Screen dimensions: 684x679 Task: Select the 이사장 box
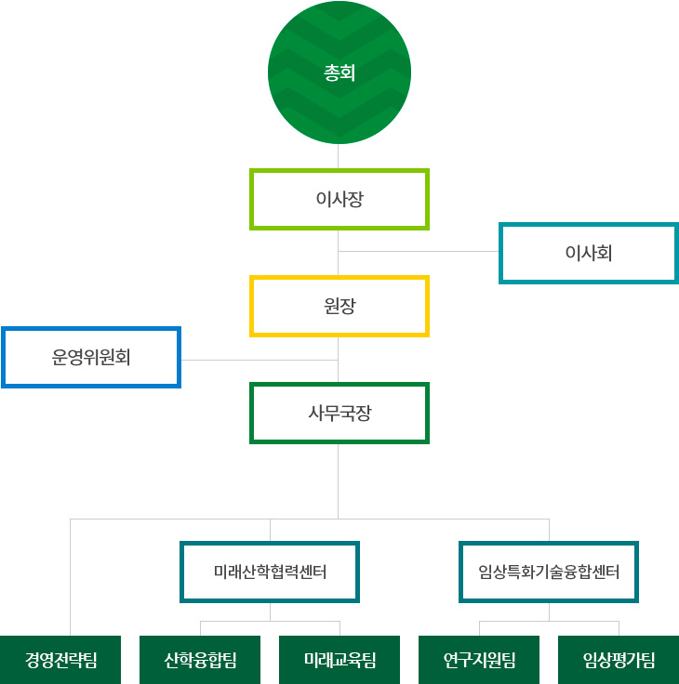[339, 199]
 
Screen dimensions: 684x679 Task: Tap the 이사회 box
[588, 253]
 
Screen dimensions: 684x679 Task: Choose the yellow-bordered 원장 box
[339, 306]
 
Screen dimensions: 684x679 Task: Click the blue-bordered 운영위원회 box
[91, 357]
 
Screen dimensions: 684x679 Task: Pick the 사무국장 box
[339, 413]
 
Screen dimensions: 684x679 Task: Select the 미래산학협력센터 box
[270, 571]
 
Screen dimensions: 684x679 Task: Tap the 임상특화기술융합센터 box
[549, 571]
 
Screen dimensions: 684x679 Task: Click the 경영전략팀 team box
[60, 661]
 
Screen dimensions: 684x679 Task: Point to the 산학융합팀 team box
[200, 661]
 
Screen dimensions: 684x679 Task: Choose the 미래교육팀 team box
[339, 661]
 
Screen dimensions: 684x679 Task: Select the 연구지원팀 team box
[479, 661]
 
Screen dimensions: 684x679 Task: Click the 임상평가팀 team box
[619, 661]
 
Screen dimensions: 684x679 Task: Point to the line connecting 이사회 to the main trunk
[419, 251]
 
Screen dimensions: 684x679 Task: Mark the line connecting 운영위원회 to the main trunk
[260, 359]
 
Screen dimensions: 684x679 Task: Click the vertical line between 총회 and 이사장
[339, 156]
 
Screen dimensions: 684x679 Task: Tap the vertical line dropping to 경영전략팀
[71, 576]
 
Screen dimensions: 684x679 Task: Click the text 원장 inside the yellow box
[339, 306]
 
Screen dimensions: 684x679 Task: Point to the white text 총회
[339, 72]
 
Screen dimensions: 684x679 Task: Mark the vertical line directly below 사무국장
[339, 479]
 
